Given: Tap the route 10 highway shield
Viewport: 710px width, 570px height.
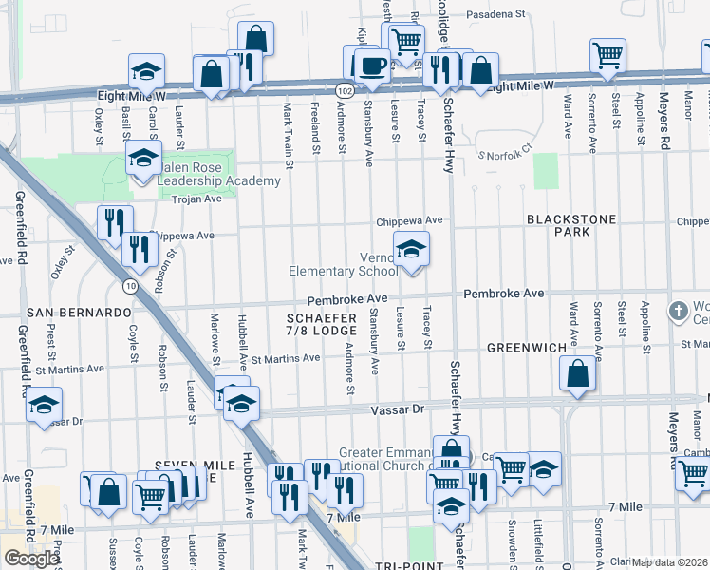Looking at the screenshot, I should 128,286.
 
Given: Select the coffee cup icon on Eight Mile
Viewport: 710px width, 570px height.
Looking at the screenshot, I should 370,66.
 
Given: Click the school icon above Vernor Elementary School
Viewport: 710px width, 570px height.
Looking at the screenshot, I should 410,250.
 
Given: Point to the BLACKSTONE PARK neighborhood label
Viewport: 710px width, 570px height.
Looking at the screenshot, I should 571,225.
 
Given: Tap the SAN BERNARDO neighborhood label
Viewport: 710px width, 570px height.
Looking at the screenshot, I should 79,313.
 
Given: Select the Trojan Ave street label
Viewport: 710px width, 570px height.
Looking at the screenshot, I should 196,199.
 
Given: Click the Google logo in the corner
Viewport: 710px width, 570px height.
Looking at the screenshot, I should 31,559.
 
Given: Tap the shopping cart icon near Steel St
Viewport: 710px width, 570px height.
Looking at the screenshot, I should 607,55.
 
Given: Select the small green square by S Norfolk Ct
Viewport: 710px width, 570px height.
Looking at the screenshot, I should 546,170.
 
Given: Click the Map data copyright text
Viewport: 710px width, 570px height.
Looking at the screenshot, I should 669,562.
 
